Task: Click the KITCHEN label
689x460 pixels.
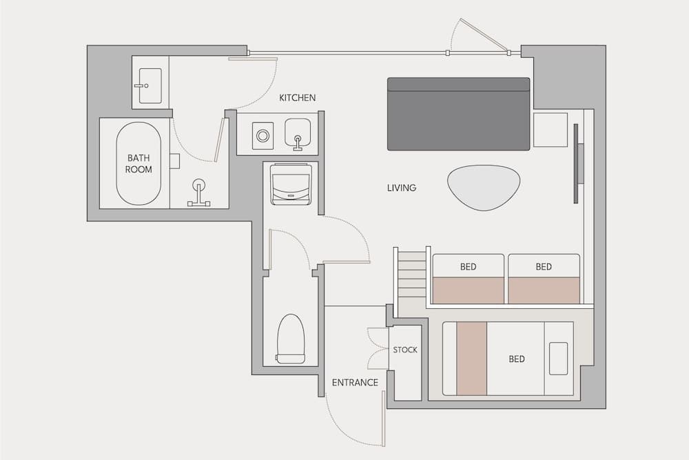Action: point(298,98)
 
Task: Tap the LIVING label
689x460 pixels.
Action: point(402,188)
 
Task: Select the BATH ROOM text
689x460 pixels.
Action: point(138,163)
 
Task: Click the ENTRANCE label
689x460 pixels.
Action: point(355,382)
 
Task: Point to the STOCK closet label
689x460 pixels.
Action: point(405,350)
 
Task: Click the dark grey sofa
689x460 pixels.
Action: point(458,114)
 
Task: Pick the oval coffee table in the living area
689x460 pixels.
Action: point(484,187)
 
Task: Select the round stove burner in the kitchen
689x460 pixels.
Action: point(263,136)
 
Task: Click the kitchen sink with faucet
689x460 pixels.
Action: point(298,132)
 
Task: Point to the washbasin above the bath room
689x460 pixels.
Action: point(150,86)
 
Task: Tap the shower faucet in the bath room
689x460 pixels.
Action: point(199,194)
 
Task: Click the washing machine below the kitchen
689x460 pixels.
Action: point(290,184)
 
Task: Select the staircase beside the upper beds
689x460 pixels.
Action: point(412,274)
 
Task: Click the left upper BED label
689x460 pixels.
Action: point(468,267)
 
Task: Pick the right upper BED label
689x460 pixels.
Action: point(544,267)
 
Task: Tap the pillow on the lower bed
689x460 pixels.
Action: point(559,359)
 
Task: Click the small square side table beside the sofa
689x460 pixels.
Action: point(550,130)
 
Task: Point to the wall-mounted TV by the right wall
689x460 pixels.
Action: point(577,163)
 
